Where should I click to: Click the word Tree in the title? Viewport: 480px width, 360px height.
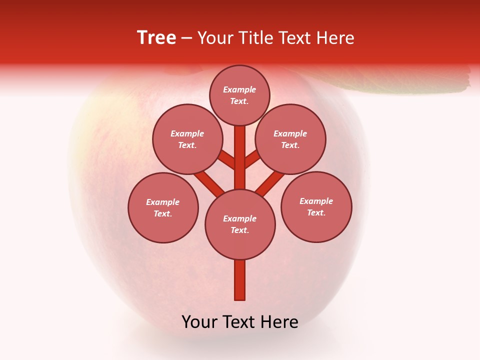156,37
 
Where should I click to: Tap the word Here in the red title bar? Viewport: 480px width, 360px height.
335,38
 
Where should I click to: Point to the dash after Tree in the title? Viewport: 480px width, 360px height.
186,38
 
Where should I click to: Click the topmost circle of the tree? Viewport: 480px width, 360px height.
239,95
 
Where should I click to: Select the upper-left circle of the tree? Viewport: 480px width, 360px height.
187,139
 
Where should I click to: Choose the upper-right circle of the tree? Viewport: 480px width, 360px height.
290,139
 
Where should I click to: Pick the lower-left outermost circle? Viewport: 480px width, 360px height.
163,207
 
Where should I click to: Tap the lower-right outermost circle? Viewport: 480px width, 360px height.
316,206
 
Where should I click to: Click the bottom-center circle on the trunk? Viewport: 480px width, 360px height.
240,224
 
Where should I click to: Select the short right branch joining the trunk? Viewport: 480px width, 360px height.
252,158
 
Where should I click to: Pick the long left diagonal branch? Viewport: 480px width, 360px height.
208,182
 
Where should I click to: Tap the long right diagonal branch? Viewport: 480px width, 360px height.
270,183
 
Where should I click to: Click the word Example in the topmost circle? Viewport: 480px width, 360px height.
239,89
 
